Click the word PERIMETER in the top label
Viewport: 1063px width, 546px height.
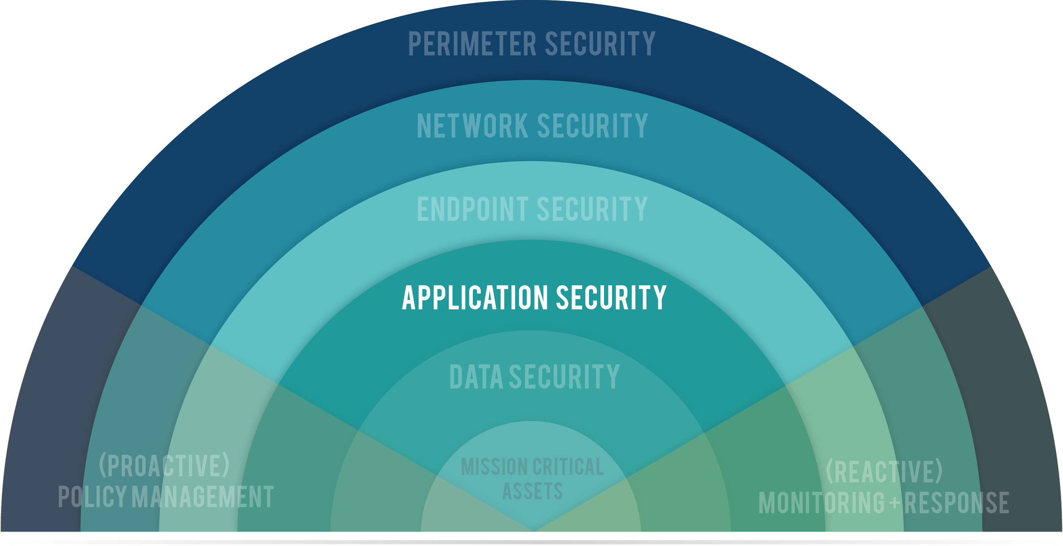[472, 44]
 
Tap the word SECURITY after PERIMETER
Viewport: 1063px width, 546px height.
[600, 44]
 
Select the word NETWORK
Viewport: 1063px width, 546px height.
[472, 126]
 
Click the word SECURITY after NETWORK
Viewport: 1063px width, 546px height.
[592, 126]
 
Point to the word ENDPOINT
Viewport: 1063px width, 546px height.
[472, 209]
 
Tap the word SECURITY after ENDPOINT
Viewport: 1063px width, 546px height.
[592, 209]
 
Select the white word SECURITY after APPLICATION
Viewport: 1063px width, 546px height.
[611, 297]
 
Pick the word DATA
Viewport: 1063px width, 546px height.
[476, 376]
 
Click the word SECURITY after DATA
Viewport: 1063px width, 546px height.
[564, 376]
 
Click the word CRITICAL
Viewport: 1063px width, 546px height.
[568, 467]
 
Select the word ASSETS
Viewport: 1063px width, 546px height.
[532, 491]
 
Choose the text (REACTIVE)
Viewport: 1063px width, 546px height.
[884, 471]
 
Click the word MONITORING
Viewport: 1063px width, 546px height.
[822, 503]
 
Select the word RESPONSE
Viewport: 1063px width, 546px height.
[957, 503]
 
